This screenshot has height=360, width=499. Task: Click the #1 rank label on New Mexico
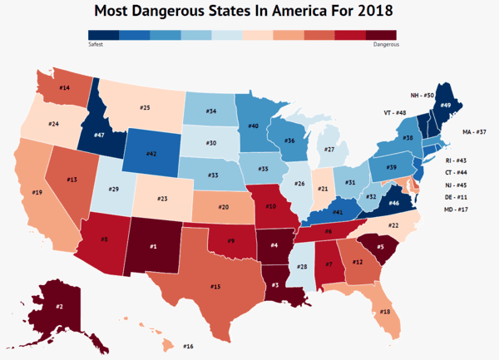pyautogui.click(x=152, y=245)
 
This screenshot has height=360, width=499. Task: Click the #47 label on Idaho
pyautogui.click(x=99, y=135)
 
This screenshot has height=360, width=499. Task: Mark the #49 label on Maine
pyautogui.click(x=445, y=106)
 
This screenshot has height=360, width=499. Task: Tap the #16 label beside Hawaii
pyautogui.click(x=188, y=346)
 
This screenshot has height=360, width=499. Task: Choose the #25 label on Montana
pyautogui.click(x=145, y=108)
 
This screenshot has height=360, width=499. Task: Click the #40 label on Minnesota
pyautogui.click(x=253, y=126)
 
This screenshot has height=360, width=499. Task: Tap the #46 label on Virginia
pyautogui.click(x=393, y=202)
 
